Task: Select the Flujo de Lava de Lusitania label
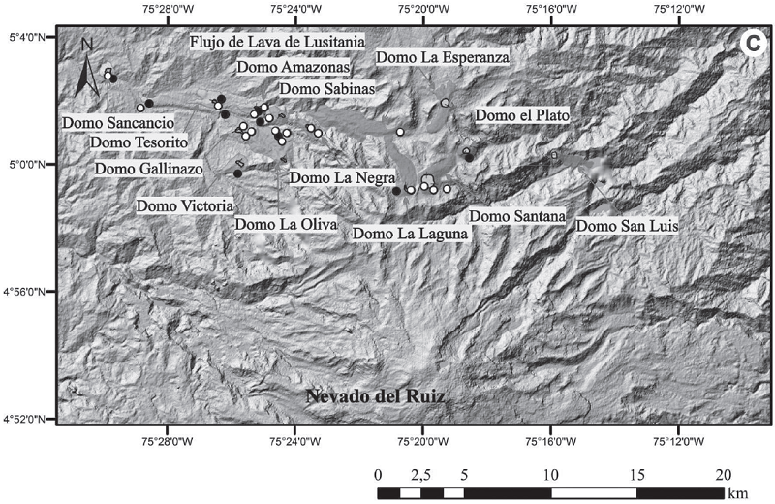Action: point(263,42)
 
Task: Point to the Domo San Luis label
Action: point(626,225)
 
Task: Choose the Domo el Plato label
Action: point(522,115)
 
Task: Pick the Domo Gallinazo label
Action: point(149,169)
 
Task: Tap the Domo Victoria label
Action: point(184,205)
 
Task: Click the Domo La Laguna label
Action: point(411,233)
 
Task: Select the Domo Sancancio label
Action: point(117,123)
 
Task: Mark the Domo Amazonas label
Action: point(292,68)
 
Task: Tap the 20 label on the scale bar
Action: point(722,475)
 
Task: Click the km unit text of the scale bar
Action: point(738,492)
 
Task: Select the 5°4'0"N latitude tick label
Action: point(28,37)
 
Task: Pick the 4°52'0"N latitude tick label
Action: point(28,419)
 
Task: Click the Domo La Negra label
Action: point(342,177)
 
